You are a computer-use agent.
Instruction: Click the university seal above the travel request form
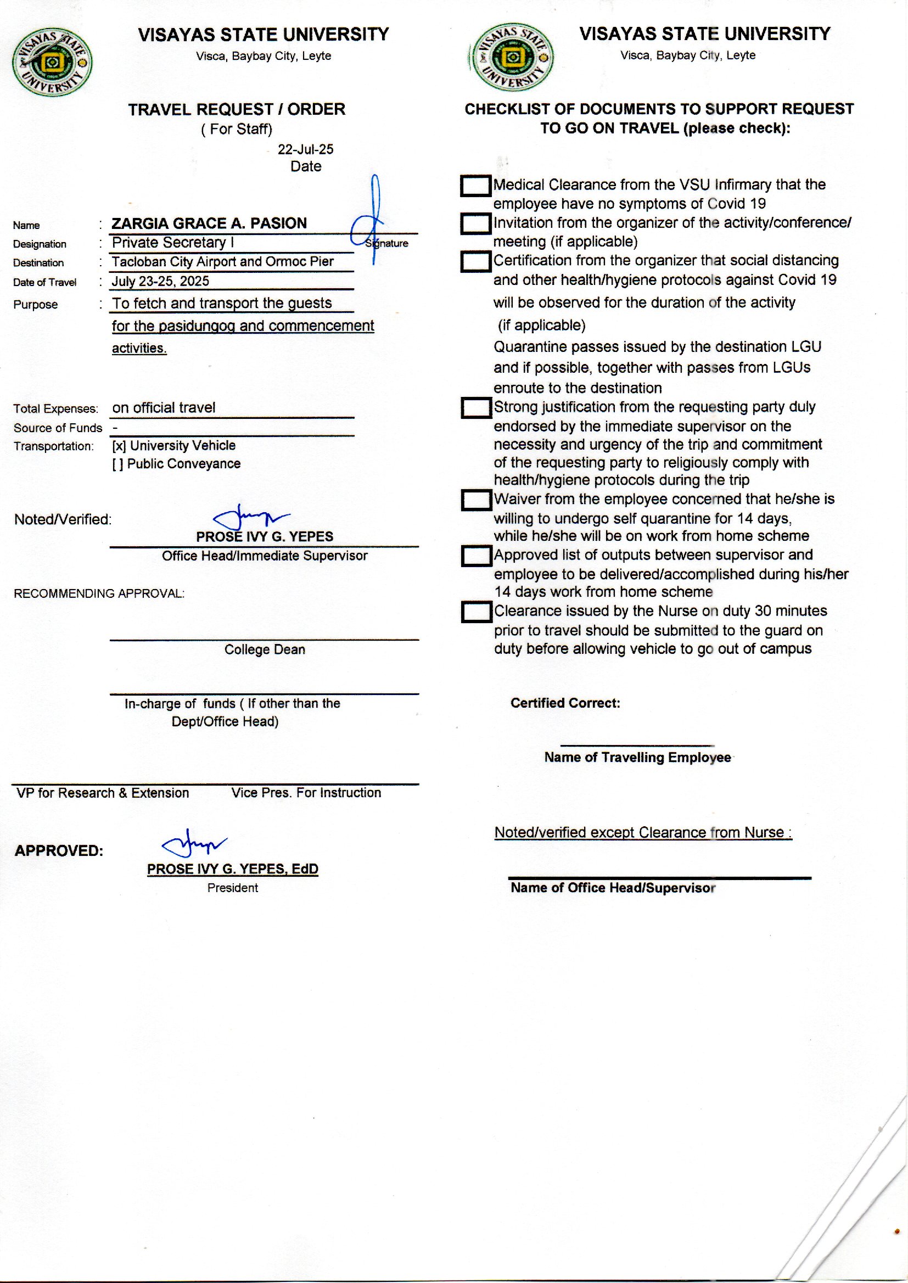tap(52, 63)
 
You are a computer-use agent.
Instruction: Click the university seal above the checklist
tap(513, 57)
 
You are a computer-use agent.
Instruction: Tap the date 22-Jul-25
tap(305, 149)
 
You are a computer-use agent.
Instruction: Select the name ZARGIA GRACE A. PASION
tap(209, 223)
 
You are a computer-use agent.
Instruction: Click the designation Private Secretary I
tap(173, 243)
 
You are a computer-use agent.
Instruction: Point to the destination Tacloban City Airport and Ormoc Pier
tap(222, 262)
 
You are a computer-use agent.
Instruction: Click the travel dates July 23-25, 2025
tap(160, 281)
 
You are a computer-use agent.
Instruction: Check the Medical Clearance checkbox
tap(475, 186)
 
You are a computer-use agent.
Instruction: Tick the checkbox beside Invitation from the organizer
tap(475, 224)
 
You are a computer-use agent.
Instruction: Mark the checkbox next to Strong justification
tap(476, 408)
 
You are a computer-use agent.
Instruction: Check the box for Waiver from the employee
tap(476, 500)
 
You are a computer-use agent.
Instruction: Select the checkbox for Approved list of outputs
tap(476, 556)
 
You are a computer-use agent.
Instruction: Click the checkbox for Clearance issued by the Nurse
tap(476, 612)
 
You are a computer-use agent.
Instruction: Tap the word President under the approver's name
tap(233, 888)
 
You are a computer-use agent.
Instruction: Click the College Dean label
tap(265, 649)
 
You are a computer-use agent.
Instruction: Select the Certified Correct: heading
tap(565, 703)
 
